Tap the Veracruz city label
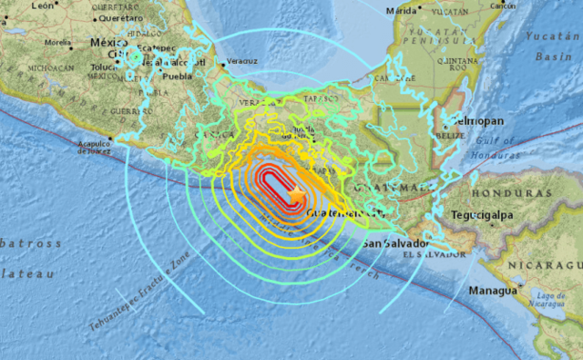point(241,62)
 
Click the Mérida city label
point(402,11)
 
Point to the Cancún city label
point(504,5)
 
